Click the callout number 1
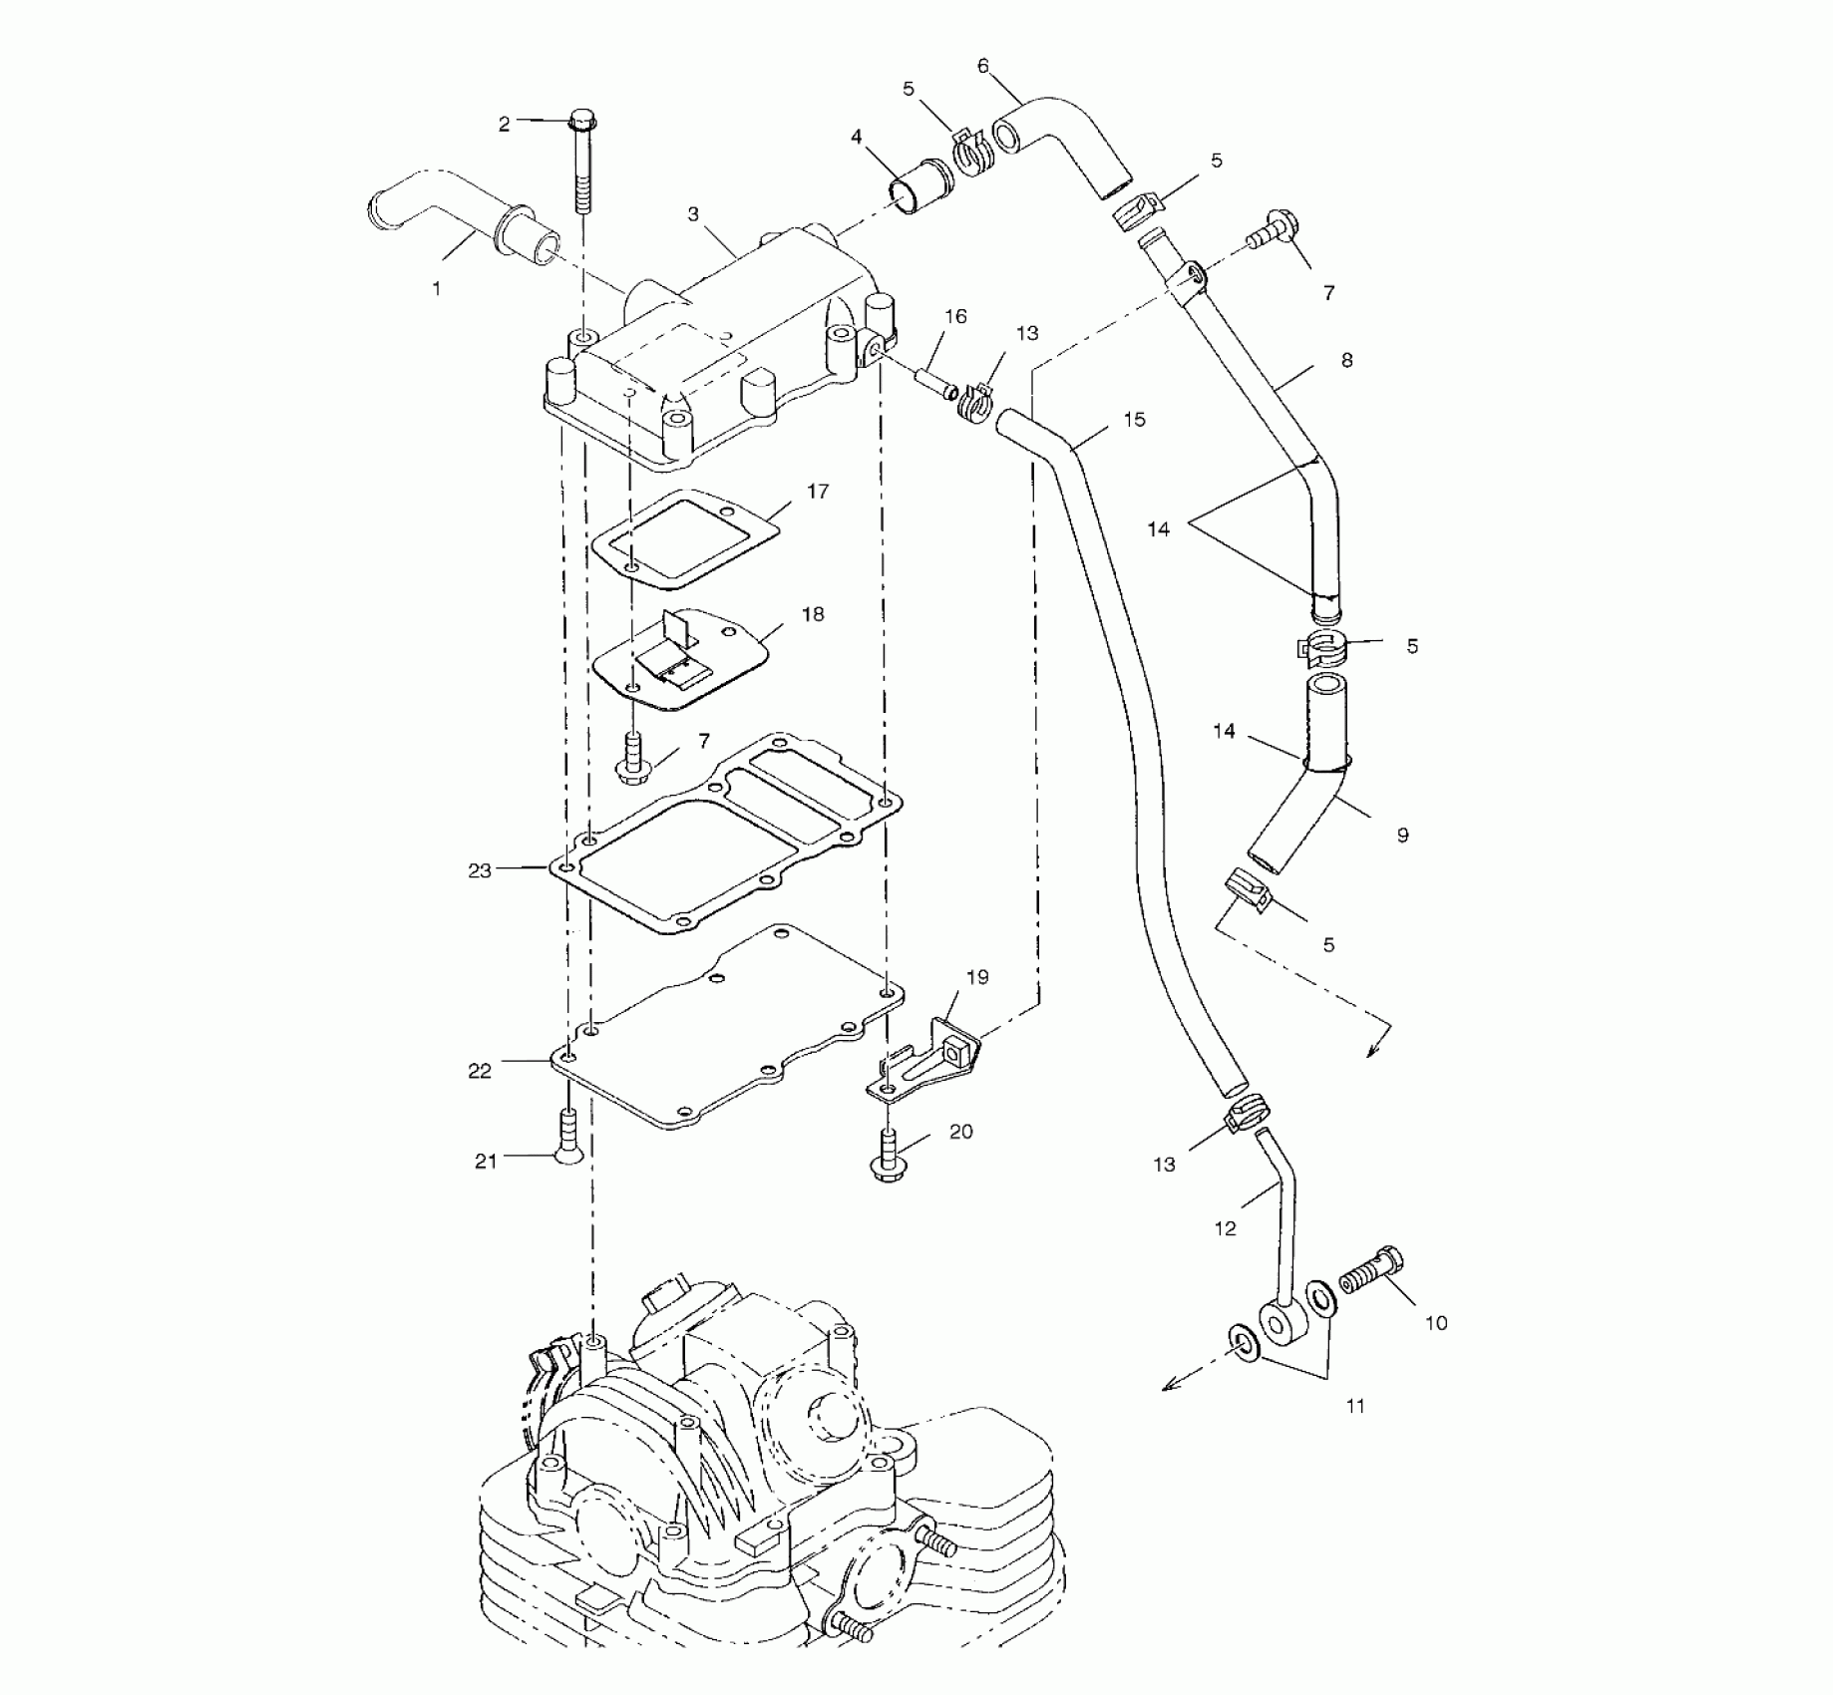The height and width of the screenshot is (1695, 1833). tap(436, 289)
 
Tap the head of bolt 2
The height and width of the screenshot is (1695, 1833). tap(582, 124)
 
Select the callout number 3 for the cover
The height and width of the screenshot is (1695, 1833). tap(693, 214)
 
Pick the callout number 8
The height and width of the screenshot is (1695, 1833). tap(1347, 360)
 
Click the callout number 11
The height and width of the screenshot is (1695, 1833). tap(1354, 1406)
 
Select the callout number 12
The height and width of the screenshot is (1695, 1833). tap(1225, 1228)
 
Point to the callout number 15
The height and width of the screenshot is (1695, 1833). tap(1135, 420)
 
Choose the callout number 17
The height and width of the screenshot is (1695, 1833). tap(818, 492)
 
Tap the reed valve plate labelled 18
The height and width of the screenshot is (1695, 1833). tap(678, 658)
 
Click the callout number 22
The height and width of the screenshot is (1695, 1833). tap(480, 1071)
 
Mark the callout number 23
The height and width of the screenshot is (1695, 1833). tap(480, 870)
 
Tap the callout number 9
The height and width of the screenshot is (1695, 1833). tap(1402, 836)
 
